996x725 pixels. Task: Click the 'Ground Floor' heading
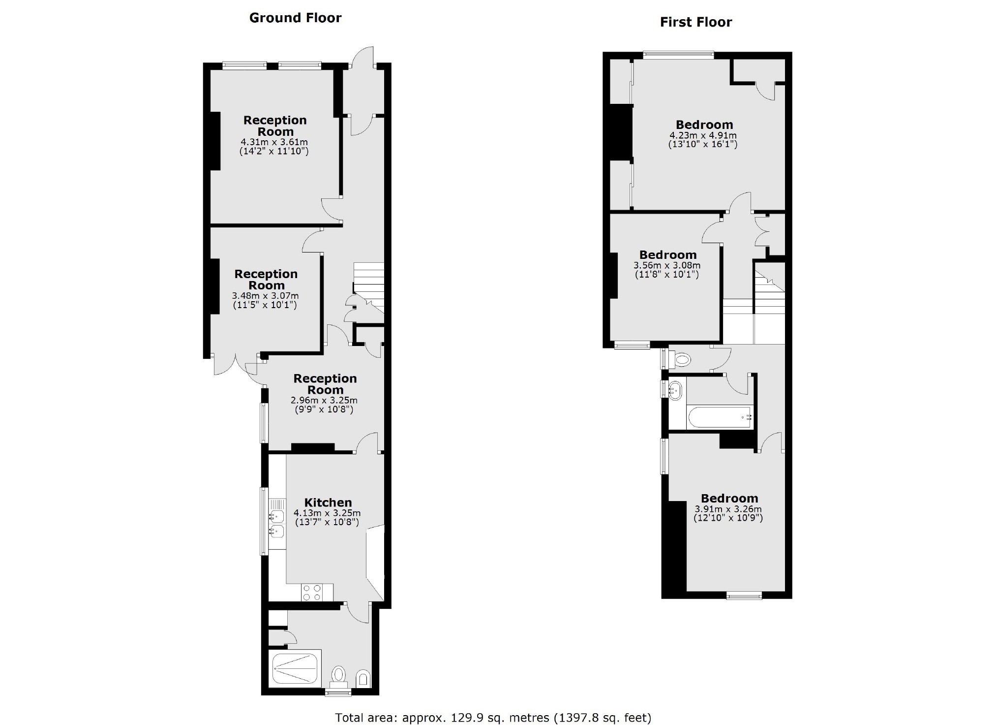(295, 18)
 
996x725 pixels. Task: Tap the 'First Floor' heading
(695, 22)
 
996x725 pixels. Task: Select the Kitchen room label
(328, 503)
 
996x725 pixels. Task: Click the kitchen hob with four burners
(311, 592)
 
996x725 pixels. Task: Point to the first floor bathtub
(720, 417)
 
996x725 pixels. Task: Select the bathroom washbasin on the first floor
(676, 390)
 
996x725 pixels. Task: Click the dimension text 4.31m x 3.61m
(274, 142)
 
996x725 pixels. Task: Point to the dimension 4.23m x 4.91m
(703, 135)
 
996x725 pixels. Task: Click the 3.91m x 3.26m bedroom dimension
(728, 509)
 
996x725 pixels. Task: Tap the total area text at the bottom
(493, 718)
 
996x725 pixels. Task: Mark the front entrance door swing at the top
(362, 57)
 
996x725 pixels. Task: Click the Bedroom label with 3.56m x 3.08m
(667, 255)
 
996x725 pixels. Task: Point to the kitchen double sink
(276, 523)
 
